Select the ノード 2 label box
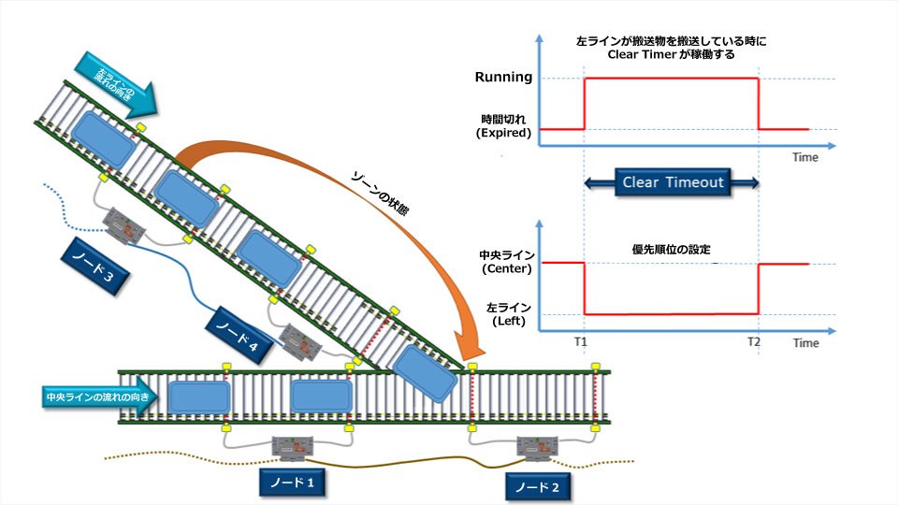pyautogui.click(x=538, y=485)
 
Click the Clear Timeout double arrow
pyautogui.click(x=673, y=182)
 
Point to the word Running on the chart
pyautogui.click(x=503, y=78)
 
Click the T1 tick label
pyautogui.click(x=581, y=342)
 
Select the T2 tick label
pyautogui.click(x=754, y=342)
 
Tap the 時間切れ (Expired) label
pyautogui.click(x=505, y=126)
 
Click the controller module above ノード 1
pyautogui.click(x=293, y=448)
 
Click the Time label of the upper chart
pyautogui.click(x=805, y=157)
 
